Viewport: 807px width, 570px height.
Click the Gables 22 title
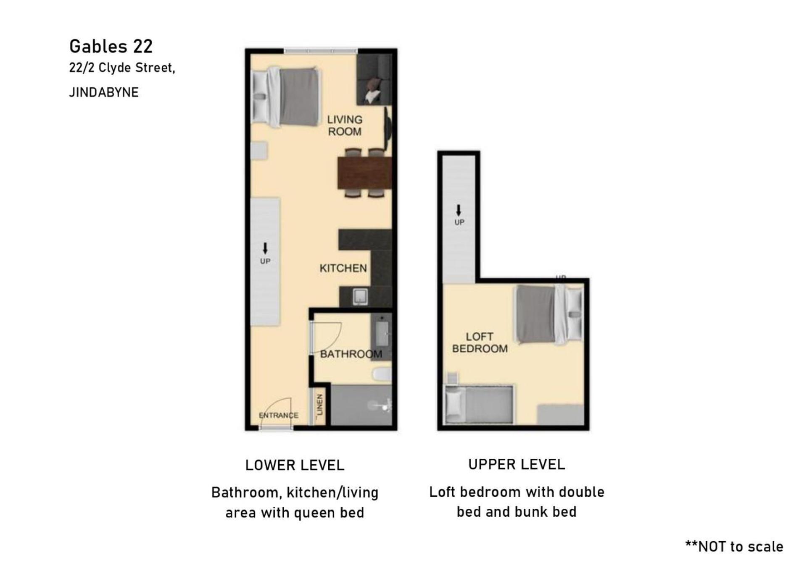111,47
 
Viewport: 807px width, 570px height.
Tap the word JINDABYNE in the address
104,92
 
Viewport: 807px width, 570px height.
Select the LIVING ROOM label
345,126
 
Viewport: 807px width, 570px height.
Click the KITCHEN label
343,268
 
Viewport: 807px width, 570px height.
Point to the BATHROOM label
351,354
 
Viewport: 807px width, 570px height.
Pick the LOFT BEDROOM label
480,343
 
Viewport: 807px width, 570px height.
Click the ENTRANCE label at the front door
278,415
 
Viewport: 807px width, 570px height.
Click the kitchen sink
360,296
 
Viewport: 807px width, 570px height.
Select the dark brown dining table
365,173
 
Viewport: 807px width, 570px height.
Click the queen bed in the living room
285,97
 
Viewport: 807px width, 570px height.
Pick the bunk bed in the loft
479,405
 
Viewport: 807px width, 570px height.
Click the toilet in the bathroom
382,374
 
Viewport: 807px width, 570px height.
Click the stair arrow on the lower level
265,248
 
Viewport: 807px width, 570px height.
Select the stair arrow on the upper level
459,210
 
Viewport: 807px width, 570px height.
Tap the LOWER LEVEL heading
295,465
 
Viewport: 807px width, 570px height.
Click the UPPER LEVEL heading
517,464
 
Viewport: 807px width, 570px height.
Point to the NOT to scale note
734,546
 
